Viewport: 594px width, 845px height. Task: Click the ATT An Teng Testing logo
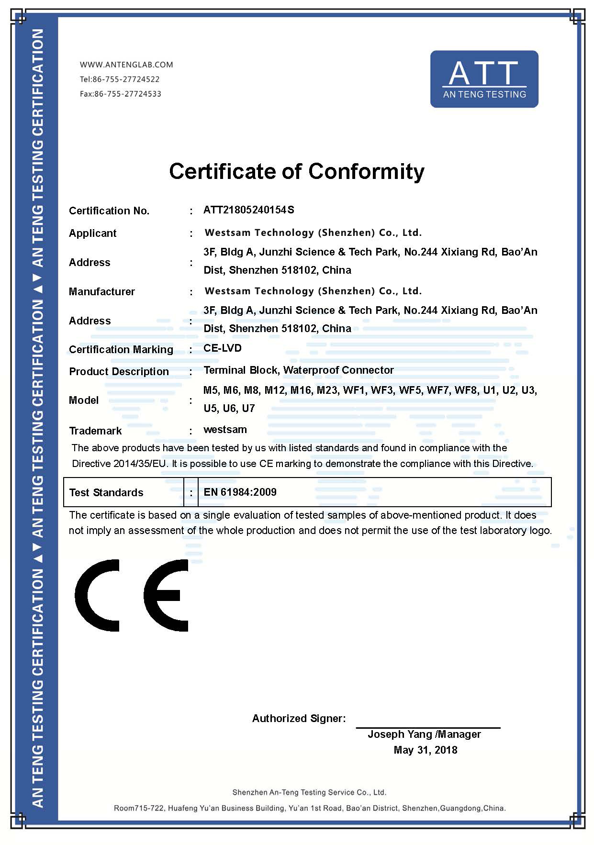pyautogui.click(x=484, y=79)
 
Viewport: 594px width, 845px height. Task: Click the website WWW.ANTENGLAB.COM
pyautogui.click(x=126, y=65)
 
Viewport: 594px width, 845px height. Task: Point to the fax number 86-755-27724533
pyautogui.click(x=127, y=94)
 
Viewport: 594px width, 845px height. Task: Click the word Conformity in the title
pyautogui.click(x=366, y=171)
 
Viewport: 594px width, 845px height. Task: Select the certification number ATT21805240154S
pyautogui.click(x=248, y=210)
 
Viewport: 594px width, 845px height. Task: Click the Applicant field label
pyautogui.click(x=92, y=233)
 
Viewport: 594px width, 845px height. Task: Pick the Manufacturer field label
pyautogui.click(x=101, y=291)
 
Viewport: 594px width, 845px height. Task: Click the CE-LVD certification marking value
pyautogui.click(x=222, y=348)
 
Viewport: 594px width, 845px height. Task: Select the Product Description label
pyautogui.click(x=119, y=371)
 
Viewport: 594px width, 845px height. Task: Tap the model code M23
pyautogui.click(x=327, y=390)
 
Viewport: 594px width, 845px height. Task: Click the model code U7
pyautogui.click(x=248, y=408)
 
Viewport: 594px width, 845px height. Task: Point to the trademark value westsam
pyautogui.click(x=225, y=429)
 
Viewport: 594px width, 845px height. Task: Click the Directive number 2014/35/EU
pyautogui.click(x=141, y=463)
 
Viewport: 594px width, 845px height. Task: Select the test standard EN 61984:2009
pyautogui.click(x=240, y=492)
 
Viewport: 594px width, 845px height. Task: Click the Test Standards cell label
pyautogui.click(x=106, y=492)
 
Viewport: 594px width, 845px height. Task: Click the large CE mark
pyautogui.click(x=132, y=595)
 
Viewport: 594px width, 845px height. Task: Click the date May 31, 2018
pyautogui.click(x=425, y=750)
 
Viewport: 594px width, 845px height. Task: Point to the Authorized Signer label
pyautogui.click(x=299, y=718)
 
